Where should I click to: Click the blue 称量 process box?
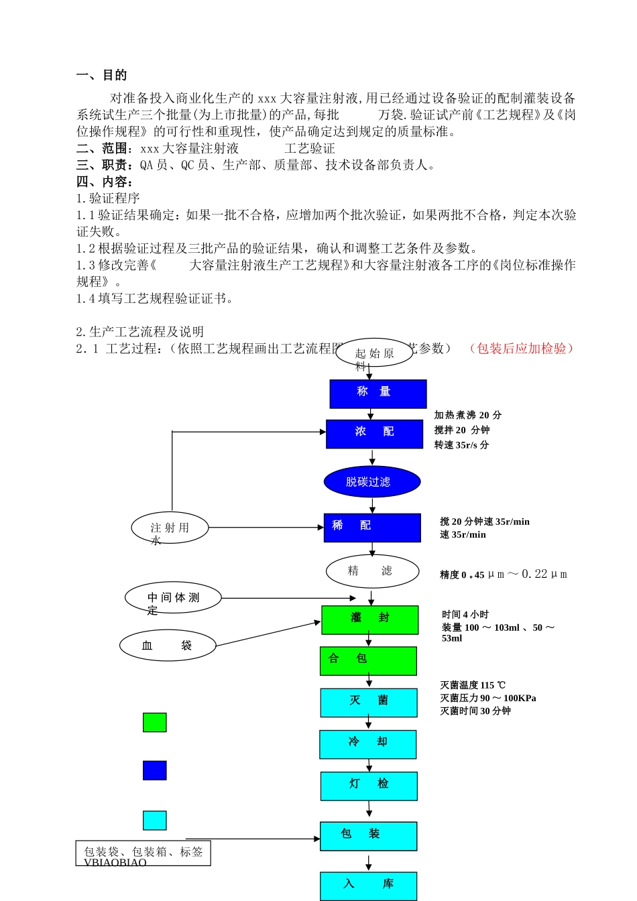[378, 394]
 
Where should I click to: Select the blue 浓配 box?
[374, 434]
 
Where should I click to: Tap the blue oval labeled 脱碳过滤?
[372, 481]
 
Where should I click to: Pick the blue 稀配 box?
[372, 528]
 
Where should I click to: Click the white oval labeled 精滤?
[372, 571]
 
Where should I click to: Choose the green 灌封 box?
[369, 619]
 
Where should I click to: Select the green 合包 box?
[368, 660]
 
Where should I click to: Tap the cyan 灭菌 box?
[368, 703]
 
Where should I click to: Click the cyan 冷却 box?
[367, 744]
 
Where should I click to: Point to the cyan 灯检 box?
[369, 786]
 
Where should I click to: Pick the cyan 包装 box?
[368, 836]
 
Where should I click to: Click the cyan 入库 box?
[368, 886]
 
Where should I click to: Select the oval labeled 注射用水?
[170, 528]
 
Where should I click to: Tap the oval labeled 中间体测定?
[173, 598]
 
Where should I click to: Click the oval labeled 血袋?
[168, 646]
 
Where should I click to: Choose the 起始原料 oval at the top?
[374, 353]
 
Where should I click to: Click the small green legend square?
[155, 722]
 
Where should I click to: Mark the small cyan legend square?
[155, 820]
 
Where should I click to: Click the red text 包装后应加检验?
[522, 349]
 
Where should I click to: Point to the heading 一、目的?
[102, 75]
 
